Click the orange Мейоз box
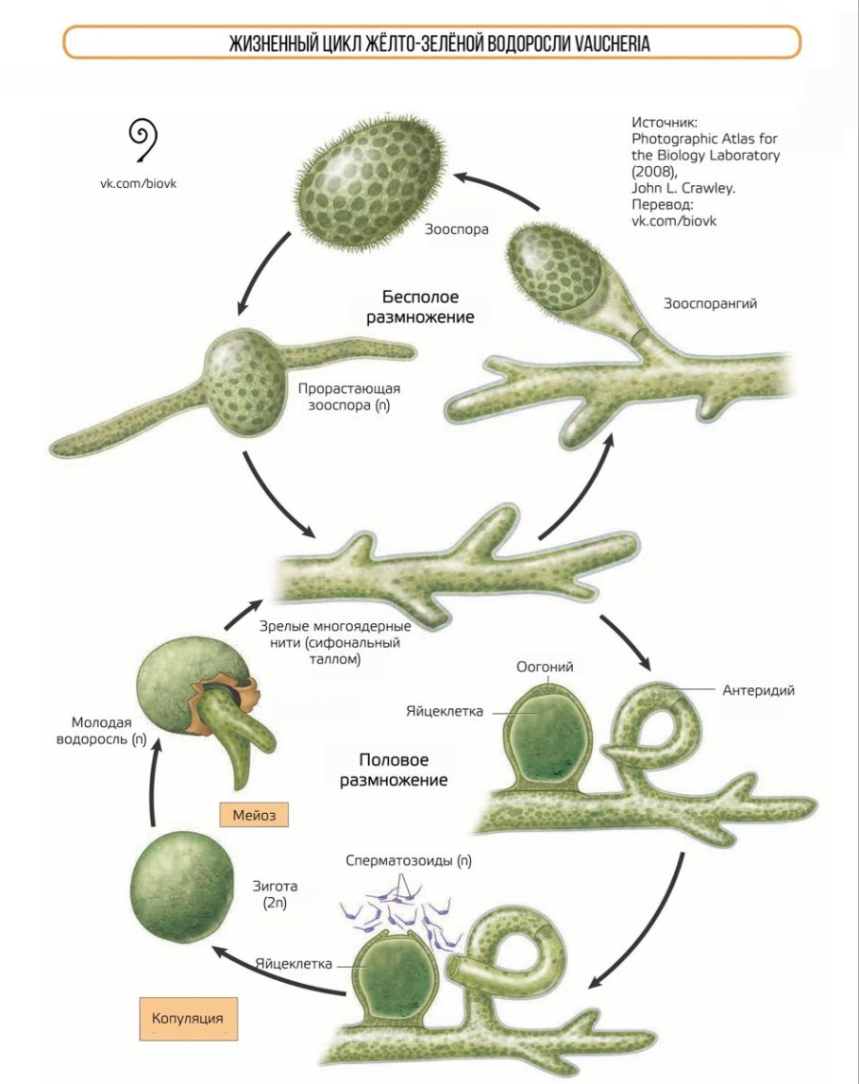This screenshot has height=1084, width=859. (x=252, y=814)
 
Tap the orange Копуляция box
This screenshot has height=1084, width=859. (x=188, y=1019)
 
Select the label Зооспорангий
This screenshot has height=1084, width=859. (x=711, y=304)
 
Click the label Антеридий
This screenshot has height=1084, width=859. (x=758, y=690)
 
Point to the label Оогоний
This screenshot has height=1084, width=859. (x=545, y=668)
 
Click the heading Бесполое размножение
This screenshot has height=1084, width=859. (x=420, y=307)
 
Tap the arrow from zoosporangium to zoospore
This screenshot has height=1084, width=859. (x=495, y=189)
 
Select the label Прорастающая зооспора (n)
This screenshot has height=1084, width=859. (x=343, y=397)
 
